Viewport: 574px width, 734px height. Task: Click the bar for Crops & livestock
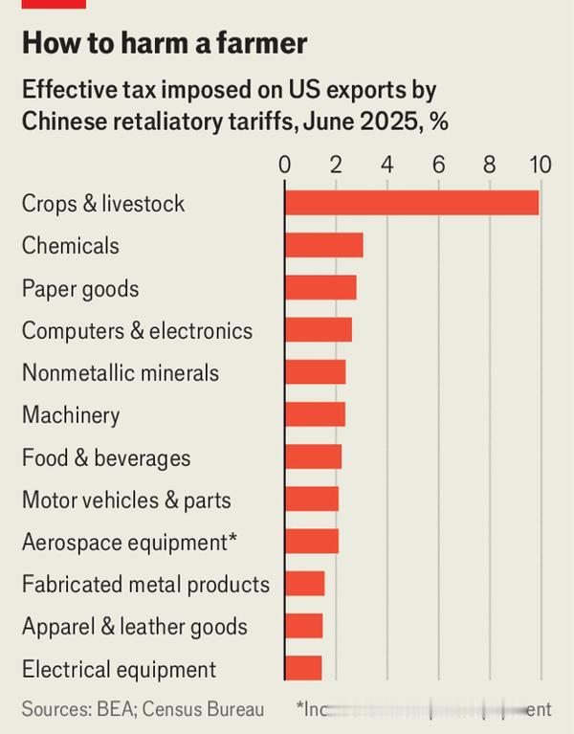(x=411, y=203)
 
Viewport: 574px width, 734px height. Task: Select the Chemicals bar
(x=323, y=245)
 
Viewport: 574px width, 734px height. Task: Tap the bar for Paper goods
(x=320, y=288)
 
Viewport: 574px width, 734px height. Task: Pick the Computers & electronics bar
(x=318, y=330)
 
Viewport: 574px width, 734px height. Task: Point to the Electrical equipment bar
(x=303, y=668)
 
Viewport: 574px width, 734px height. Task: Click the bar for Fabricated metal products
(x=304, y=584)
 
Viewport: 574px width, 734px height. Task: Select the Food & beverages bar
(x=313, y=457)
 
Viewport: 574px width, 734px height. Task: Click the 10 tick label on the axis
(x=540, y=165)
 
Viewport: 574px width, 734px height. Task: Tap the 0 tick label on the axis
(x=284, y=165)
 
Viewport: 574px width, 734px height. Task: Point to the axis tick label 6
(x=438, y=165)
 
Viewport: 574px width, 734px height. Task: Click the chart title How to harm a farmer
(x=165, y=43)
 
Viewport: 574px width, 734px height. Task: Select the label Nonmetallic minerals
(x=121, y=372)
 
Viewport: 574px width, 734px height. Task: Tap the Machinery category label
(x=71, y=415)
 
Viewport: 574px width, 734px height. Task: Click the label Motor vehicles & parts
(x=126, y=500)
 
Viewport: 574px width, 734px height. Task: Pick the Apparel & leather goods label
(x=135, y=627)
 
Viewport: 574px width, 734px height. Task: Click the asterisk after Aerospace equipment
(x=232, y=540)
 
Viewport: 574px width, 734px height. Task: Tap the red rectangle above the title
(x=54, y=4)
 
